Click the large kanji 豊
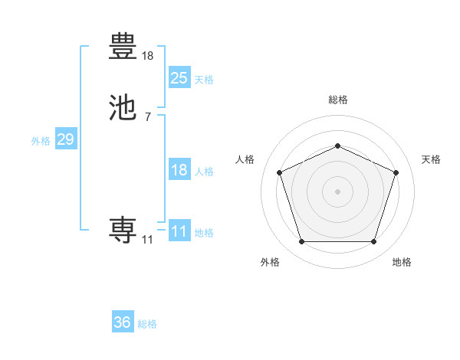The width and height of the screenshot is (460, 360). [x=123, y=45]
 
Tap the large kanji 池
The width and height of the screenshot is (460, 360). [x=123, y=108]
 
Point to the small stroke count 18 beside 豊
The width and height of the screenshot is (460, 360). [x=148, y=55]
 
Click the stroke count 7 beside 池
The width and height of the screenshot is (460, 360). [x=148, y=117]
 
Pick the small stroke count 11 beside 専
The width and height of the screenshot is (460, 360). [x=147, y=240]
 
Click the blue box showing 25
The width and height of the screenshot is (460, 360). [x=179, y=77]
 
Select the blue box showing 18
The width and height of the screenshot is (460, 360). [x=179, y=170]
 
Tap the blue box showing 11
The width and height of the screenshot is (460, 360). [x=179, y=231]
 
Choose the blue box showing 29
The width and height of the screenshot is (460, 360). [x=66, y=139]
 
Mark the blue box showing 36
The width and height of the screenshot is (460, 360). [x=123, y=322]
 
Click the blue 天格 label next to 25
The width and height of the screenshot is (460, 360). [x=204, y=80]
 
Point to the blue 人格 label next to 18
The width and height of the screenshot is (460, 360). [x=204, y=172]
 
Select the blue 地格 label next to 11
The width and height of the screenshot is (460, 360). [x=204, y=233]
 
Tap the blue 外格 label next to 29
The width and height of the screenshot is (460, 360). [x=41, y=141]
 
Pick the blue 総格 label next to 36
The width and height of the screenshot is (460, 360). [x=147, y=324]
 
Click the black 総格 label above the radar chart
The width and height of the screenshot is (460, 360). [x=337, y=100]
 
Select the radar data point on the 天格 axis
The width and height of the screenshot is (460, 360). [x=396, y=172]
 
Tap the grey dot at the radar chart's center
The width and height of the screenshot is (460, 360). [x=337, y=191]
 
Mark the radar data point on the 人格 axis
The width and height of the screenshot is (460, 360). [x=279, y=172]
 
